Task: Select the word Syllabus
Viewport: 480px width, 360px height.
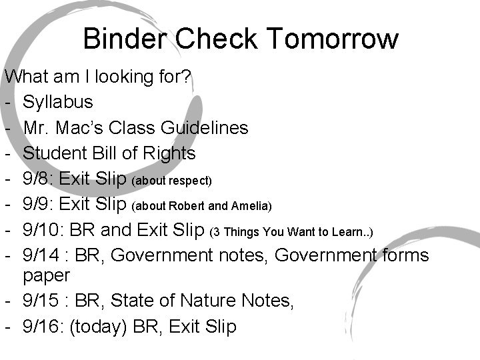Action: pyautogui.click(x=58, y=102)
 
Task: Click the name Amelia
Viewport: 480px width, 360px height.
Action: pyautogui.click(x=251, y=206)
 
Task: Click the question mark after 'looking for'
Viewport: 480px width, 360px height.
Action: pyautogui.click(x=187, y=77)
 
